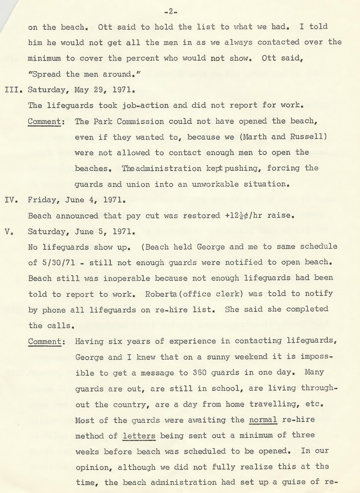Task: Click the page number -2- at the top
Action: pyautogui.click(x=173, y=11)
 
